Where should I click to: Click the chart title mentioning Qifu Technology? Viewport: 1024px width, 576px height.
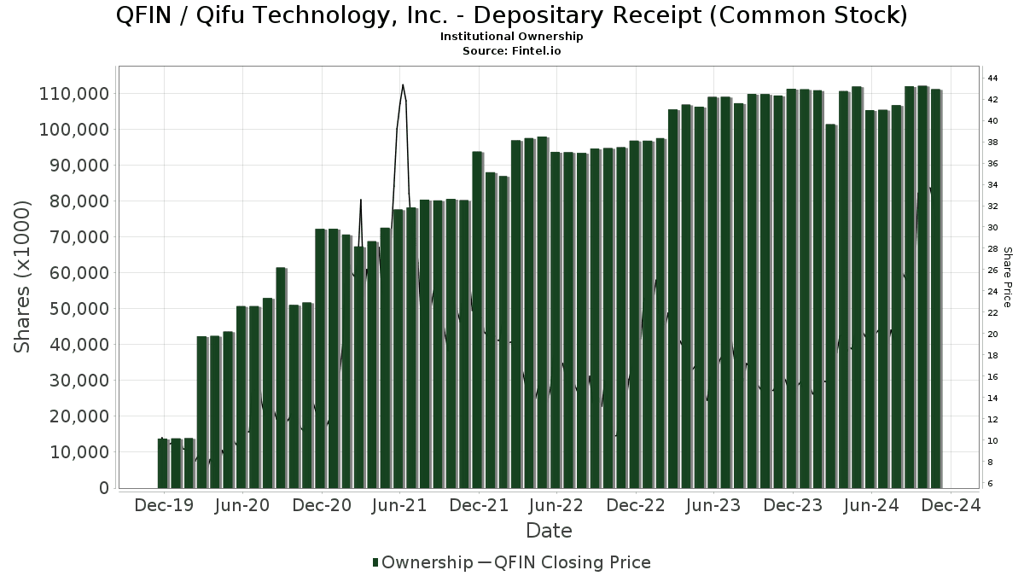coord(511,16)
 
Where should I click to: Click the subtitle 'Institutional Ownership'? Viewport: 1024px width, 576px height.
coord(511,37)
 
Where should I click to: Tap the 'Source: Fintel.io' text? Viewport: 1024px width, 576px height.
coord(511,51)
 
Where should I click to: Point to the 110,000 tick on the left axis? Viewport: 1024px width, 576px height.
coord(74,93)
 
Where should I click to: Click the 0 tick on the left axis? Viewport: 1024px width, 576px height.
coord(104,488)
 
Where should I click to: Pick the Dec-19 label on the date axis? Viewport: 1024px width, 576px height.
coord(164,506)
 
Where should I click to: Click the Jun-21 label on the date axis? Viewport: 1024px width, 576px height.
coord(399,506)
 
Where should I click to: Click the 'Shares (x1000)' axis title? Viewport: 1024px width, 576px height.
coord(23,276)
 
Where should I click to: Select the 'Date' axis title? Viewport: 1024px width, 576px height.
coord(549,531)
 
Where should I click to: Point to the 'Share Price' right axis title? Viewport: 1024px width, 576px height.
coord(1007,276)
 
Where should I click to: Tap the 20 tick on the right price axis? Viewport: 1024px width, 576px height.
coord(992,335)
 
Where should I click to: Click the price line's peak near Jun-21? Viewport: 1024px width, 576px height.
coord(402,84)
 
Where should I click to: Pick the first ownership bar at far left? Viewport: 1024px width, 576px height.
coord(163,463)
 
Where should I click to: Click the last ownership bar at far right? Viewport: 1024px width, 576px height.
coord(935,288)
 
